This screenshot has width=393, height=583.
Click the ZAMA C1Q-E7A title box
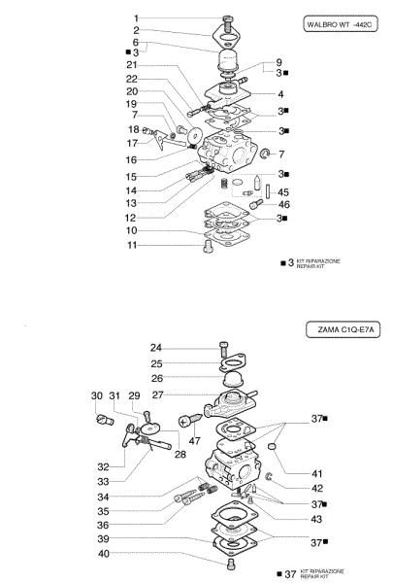coord(345,330)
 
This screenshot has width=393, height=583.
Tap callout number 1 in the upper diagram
coord(137,18)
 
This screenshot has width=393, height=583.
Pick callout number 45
coord(283,191)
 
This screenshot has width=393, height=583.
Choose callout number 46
coord(283,205)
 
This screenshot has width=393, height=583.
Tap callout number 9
coord(278,62)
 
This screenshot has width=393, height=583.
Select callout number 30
coord(96,395)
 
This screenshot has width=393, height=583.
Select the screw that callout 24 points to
coord(225,347)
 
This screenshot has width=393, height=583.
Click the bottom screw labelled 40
coord(231,562)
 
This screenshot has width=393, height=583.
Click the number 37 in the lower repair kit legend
coord(289,574)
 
